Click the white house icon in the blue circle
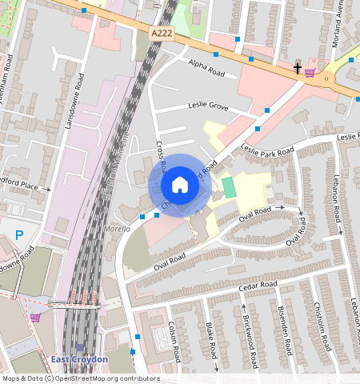click(180, 185)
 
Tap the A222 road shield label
click(162, 33)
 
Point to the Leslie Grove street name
click(208, 106)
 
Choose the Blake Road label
click(211, 340)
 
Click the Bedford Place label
click(19, 186)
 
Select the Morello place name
click(117, 228)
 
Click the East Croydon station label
click(79, 360)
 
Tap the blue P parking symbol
click(20, 235)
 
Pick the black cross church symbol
click(298, 69)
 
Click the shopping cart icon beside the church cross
click(310, 70)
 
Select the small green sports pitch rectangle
click(229, 188)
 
